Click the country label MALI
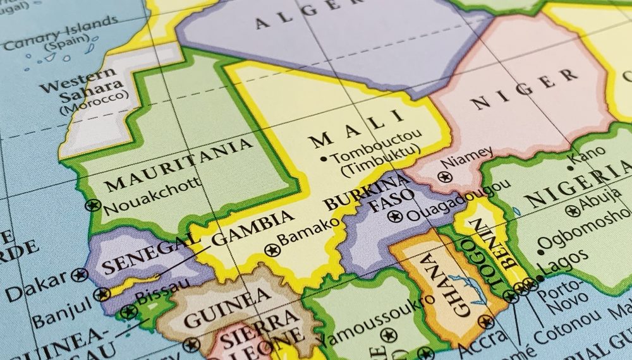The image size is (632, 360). click(357, 128)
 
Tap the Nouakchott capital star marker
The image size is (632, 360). click(94, 205)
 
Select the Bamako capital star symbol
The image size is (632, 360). click(272, 249)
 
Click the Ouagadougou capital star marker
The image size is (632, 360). click(396, 217)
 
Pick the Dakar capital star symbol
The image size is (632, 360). click(80, 275)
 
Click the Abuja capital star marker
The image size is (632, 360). click(573, 211)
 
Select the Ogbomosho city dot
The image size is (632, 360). click(540, 252)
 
